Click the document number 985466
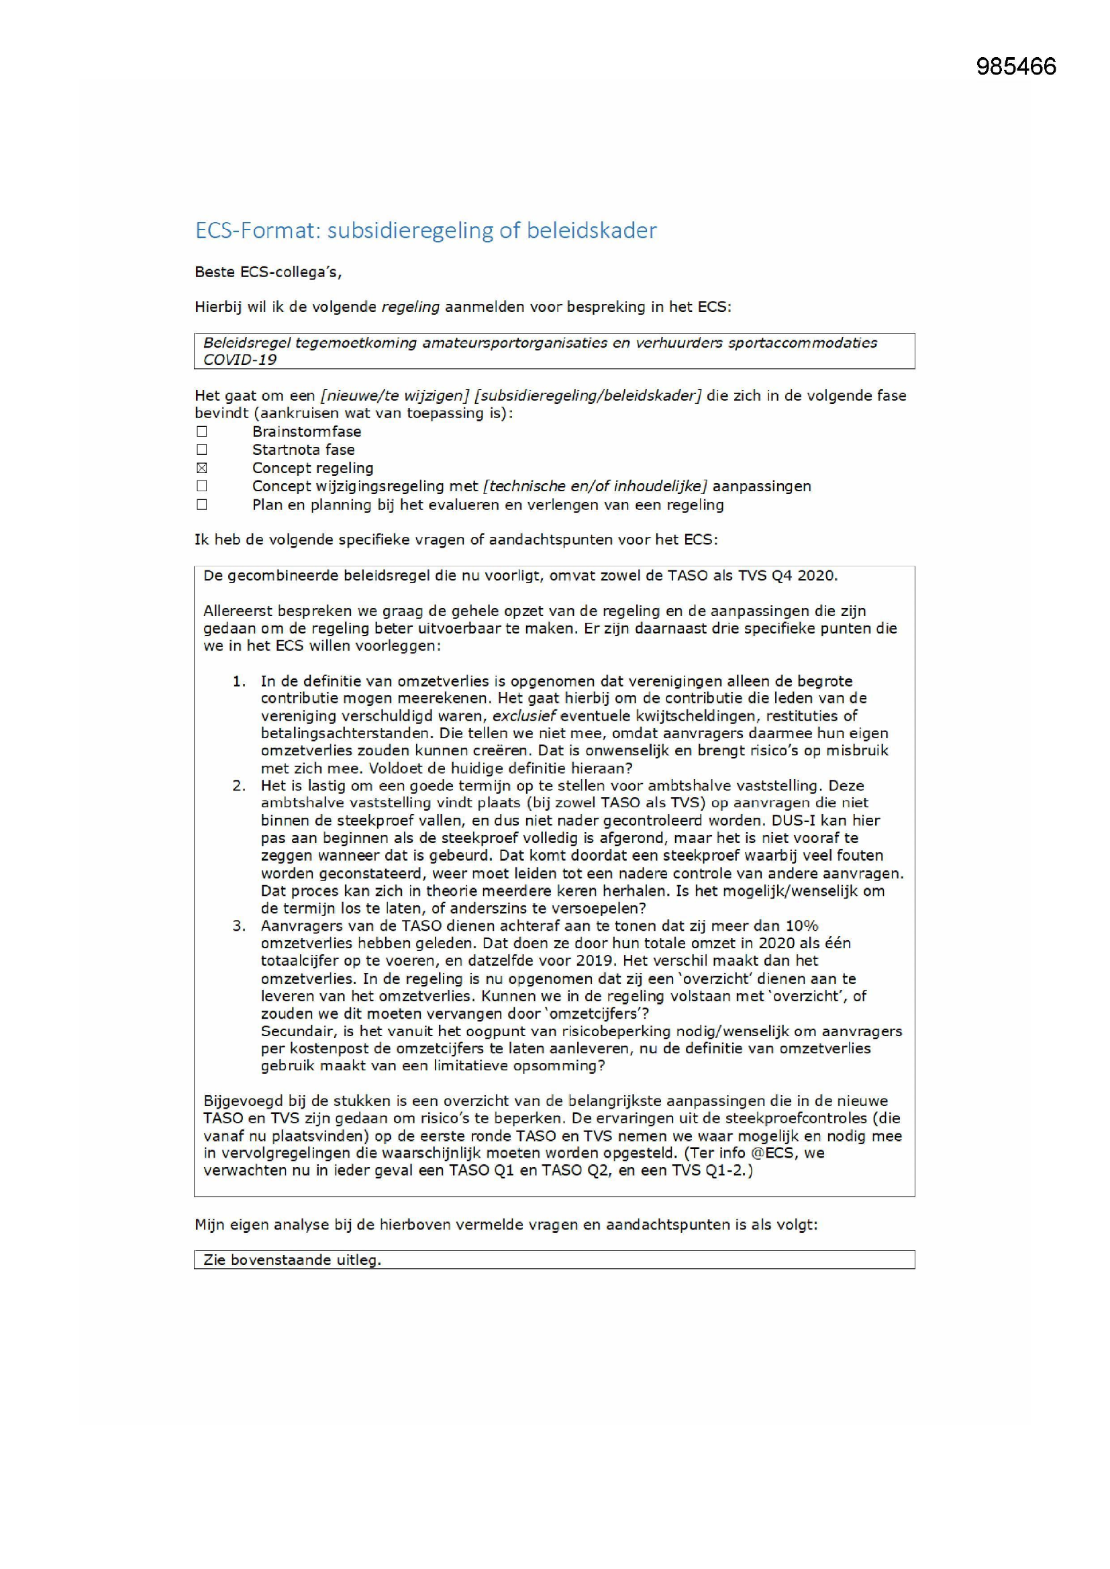pyautogui.click(x=1015, y=66)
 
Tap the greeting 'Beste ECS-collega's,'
pyautogui.click(x=268, y=272)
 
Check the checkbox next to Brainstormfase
pyautogui.click(x=201, y=432)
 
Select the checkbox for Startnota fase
pyautogui.click(x=201, y=450)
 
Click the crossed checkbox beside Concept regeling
pyautogui.click(x=201, y=468)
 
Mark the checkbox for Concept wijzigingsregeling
pyautogui.click(x=201, y=486)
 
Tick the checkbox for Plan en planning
pyautogui.click(x=201, y=505)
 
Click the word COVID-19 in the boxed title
pyautogui.click(x=240, y=360)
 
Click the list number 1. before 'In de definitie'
pyautogui.click(x=238, y=681)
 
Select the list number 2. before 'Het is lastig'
pyautogui.click(x=238, y=786)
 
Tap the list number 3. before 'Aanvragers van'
pyautogui.click(x=238, y=926)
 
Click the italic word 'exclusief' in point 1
pyautogui.click(x=523, y=716)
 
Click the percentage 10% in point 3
pyautogui.click(x=801, y=926)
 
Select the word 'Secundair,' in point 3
pyautogui.click(x=295, y=1031)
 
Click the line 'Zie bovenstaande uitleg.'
pyautogui.click(x=292, y=1260)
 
